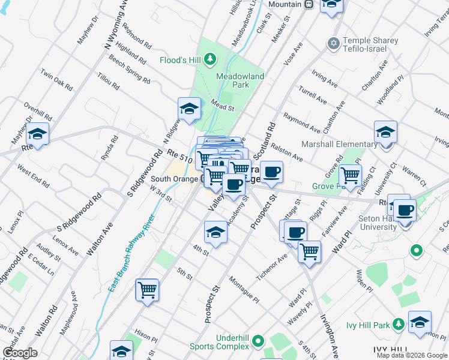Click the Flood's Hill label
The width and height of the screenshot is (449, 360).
tap(180, 60)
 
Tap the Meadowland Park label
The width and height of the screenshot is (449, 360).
tap(241, 80)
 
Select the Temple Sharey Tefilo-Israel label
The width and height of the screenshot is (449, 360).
tap(370, 46)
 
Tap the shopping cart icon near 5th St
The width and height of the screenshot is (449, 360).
tap(147, 290)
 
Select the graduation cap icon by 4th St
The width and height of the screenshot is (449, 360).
tap(215, 233)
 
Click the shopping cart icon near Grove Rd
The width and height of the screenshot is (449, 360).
tap(350, 176)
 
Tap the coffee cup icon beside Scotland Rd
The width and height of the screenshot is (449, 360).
tap(271, 172)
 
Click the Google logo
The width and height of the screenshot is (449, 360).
tap(20, 353)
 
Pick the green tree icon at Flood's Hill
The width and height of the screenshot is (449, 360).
tap(209, 58)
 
